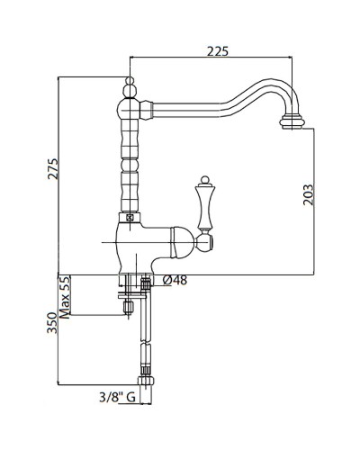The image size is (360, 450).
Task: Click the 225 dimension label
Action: tap(218, 51)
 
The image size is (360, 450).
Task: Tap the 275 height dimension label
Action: tap(53, 168)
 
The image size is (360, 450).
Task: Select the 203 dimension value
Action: tap(308, 194)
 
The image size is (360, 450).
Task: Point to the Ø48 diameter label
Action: tap(175, 280)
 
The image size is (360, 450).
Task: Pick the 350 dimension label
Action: tap(52, 323)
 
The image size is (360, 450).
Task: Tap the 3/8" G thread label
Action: tap(117, 398)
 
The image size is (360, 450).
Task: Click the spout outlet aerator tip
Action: tap(292, 123)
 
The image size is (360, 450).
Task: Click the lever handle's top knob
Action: tap(204, 180)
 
